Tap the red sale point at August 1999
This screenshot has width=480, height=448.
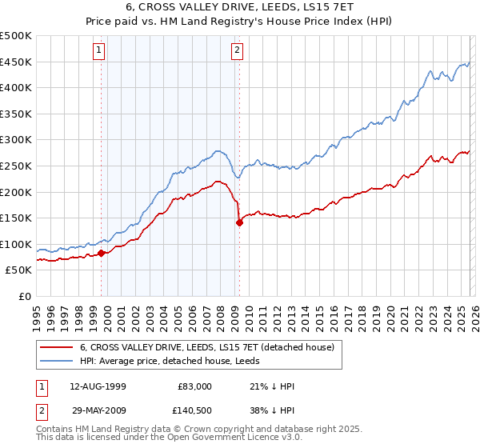click(x=102, y=253)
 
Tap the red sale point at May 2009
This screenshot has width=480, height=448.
click(x=239, y=223)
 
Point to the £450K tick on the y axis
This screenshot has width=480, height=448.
click(x=17, y=62)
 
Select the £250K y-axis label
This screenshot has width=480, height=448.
click(x=17, y=166)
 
